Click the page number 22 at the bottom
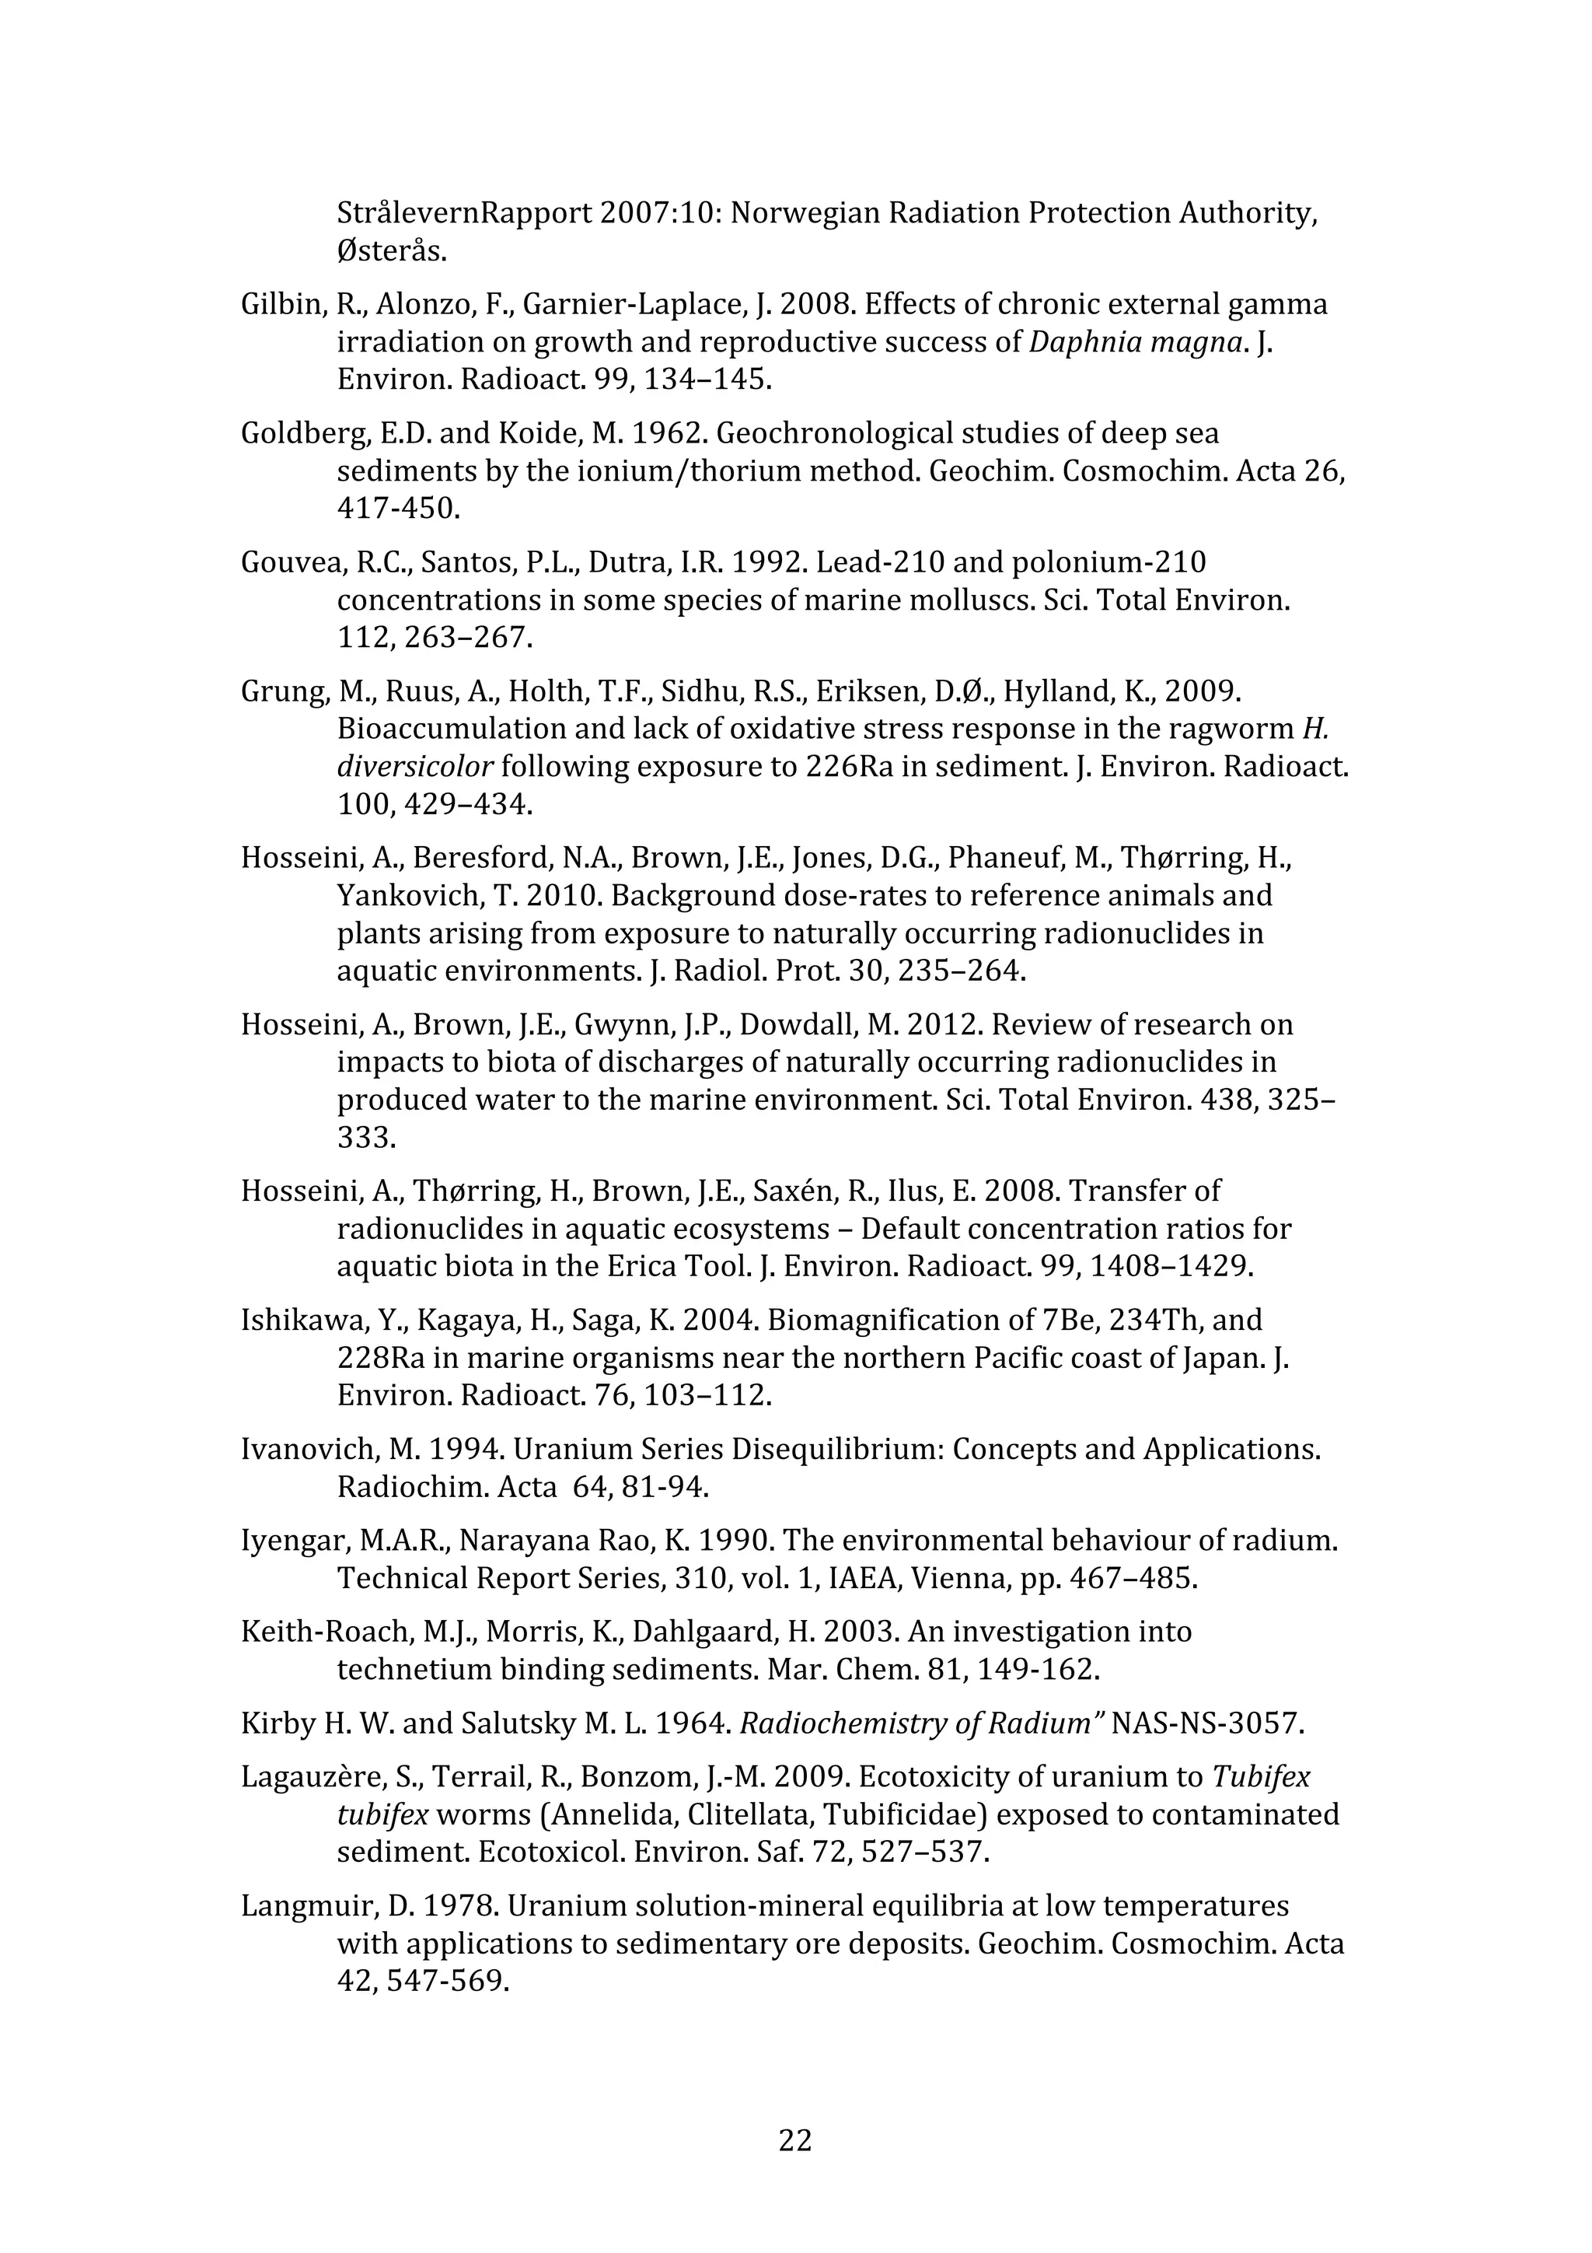(794, 2140)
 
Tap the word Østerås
(391, 251)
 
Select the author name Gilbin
(282, 305)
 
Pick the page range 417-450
(398, 509)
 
